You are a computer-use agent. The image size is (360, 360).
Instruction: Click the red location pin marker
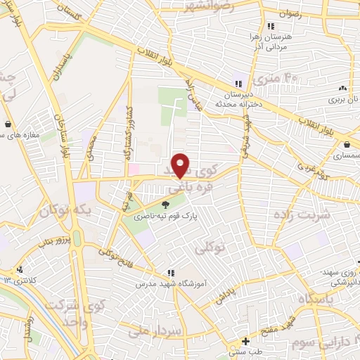click(x=181, y=165)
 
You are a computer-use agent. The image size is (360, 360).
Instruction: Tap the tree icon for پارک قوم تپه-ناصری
click(x=165, y=205)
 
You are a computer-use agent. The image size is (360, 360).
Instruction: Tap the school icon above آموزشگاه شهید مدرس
click(x=170, y=273)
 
